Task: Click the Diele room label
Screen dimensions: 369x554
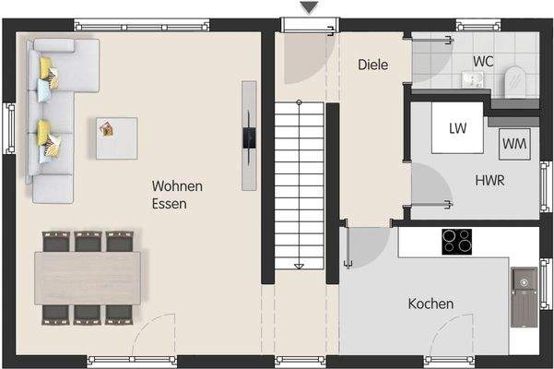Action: tap(372, 65)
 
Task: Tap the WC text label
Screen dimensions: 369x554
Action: tap(483, 61)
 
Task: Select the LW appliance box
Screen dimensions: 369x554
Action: tap(458, 128)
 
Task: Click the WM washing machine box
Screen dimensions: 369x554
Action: tap(514, 144)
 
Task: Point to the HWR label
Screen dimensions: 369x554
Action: tap(490, 181)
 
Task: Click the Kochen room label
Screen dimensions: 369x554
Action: tap(430, 304)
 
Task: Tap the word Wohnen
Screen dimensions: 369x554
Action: tap(177, 186)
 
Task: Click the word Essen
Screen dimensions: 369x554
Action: tap(171, 204)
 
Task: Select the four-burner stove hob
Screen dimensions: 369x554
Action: tap(456, 241)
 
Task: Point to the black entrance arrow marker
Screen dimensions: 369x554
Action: tap(309, 8)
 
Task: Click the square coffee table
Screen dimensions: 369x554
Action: tap(116, 137)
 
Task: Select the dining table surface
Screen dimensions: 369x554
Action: tap(88, 277)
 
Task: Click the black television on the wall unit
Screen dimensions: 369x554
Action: tap(249, 137)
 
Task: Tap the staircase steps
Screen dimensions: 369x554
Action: tap(299, 184)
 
